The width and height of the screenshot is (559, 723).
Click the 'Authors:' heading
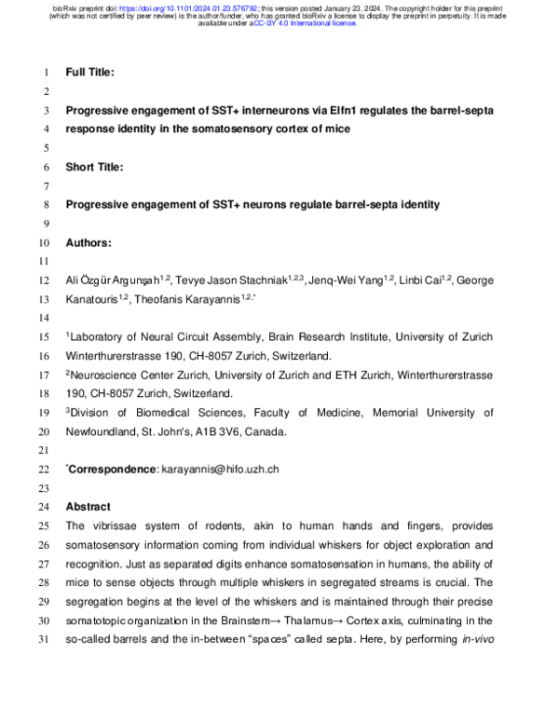[89, 242]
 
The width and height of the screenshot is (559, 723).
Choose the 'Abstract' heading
[88, 507]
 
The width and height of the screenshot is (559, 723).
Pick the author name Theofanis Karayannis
[192, 300]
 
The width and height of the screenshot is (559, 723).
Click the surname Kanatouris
[96, 300]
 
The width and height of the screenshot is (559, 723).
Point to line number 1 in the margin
[47, 71]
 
